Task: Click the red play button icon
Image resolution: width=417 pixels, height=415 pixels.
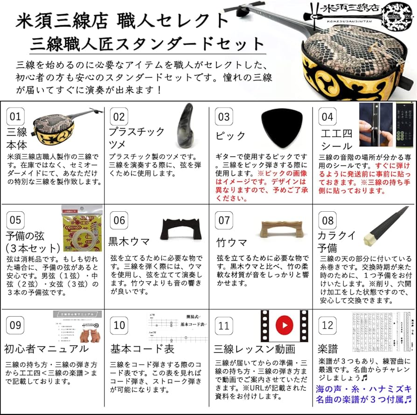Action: point(285,324)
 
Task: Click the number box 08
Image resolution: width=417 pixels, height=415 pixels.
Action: point(328,221)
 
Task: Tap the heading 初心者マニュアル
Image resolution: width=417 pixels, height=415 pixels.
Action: point(47,349)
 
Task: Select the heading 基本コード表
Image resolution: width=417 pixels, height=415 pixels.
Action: point(142,349)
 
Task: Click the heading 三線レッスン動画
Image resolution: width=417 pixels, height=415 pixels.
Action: point(254,349)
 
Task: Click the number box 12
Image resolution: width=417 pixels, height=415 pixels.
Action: point(328,325)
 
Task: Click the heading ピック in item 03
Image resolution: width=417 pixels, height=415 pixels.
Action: point(230,136)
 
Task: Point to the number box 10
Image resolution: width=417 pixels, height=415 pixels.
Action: point(119,325)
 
